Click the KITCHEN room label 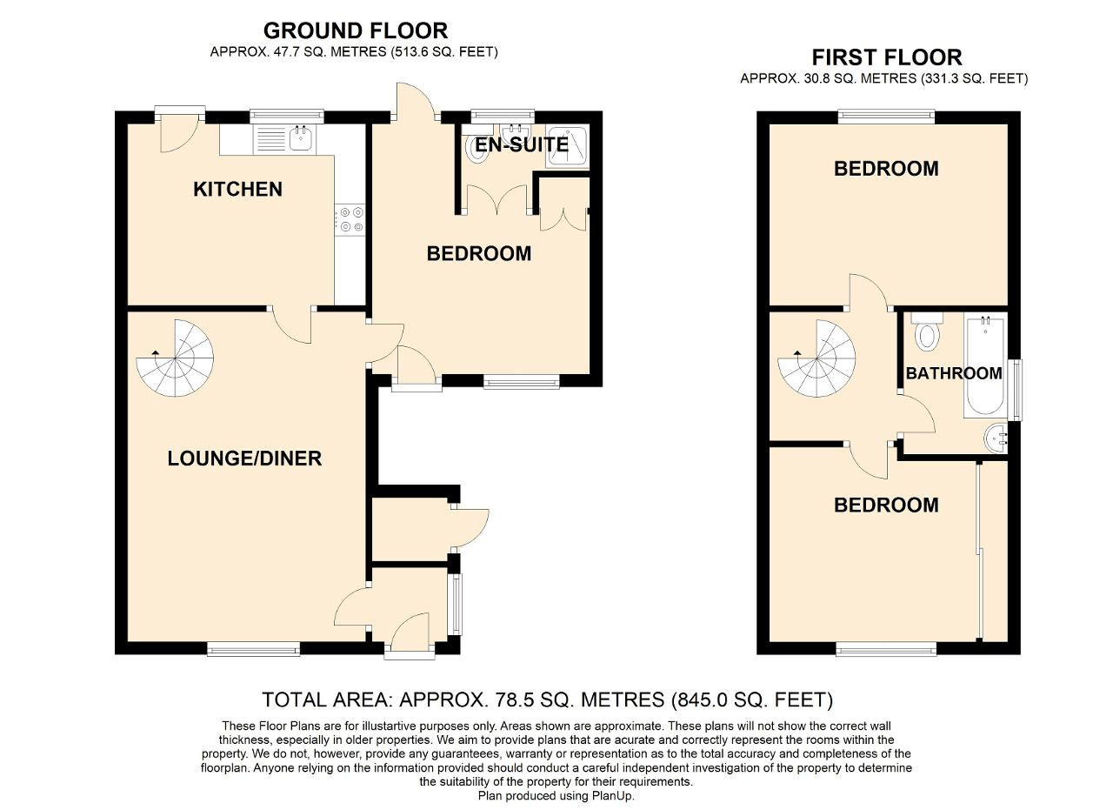pyautogui.click(x=237, y=189)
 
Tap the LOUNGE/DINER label pyautogui.click(x=244, y=459)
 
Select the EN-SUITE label pyautogui.click(x=522, y=144)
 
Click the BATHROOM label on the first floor pyautogui.click(x=954, y=373)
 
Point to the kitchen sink pyautogui.click(x=301, y=137)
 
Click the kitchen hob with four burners pyautogui.click(x=351, y=218)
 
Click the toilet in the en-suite pyautogui.click(x=478, y=150)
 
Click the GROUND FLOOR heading pyautogui.click(x=355, y=31)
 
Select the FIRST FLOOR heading pyautogui.click(x=886, y=57)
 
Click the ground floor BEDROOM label pyautogui.click(x=478, y=254)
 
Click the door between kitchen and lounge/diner pyautogui.click(x=294, y=325)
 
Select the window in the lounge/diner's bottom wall pyautogui.click(x=253, y=647)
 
